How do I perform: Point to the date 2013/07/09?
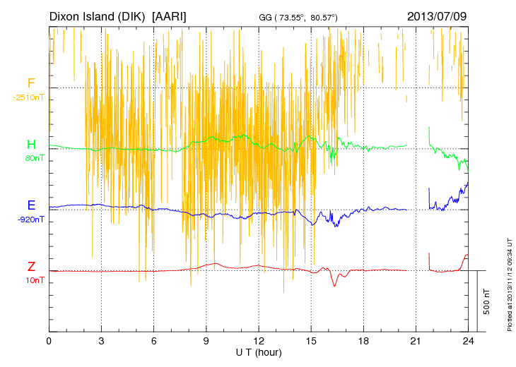pos(437,16)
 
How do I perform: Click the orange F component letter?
pos(31,83)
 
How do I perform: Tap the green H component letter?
pos(31,144)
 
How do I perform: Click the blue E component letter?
pos(31,205)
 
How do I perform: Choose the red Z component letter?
pos(31,266)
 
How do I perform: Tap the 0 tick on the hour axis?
pos(49,341)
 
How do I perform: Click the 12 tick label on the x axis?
pos(259,341)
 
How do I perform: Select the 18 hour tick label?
pos(363,341)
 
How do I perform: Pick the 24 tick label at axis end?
pos(468,341)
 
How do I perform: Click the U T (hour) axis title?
pos(259,351)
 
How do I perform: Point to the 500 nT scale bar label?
pos(486,301)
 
